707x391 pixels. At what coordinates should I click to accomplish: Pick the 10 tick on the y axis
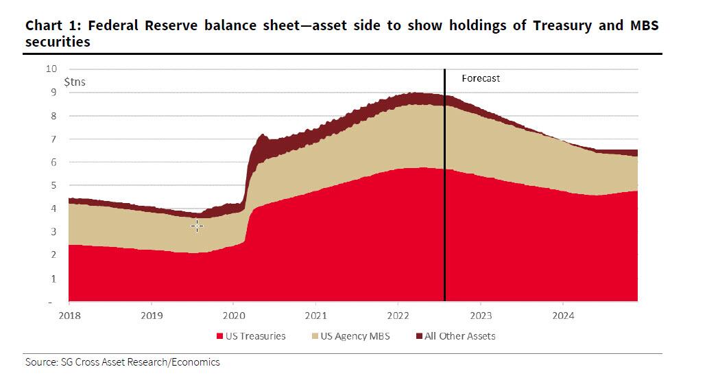[x=51, y=69]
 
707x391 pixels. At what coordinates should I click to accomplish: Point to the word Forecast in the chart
[x=481, y=78]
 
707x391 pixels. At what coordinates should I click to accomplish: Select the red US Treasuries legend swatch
[x=220, y=336]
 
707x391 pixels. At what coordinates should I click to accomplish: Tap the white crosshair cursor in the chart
[x=197, y=226]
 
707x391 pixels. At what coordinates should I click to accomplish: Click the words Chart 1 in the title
[x=49, y=27]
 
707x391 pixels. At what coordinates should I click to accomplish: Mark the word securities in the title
[x=58, y=42]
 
